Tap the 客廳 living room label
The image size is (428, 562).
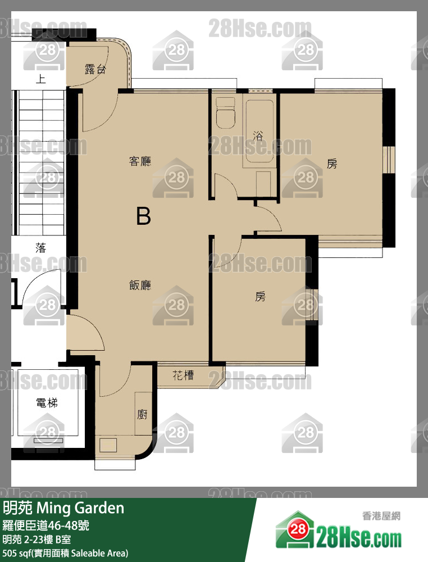pyautogui.click(x=140, y=161)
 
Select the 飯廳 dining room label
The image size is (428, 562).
pyautogui.click(x=140, y=285)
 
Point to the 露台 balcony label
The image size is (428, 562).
pyautogui.click(x=95, y=69)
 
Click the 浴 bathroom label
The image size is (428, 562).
pyautogui.click(x=258, y=135)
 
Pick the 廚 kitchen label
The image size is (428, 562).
pyautogui.click(x=142, y=414)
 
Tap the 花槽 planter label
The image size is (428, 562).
pyautogui.click(x=183, y=375)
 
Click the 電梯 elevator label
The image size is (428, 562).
pyautogui.click(x=47, y=403)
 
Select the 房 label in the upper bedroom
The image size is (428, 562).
pyautogui.click(x=332, y=164)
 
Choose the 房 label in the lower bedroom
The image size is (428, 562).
pyautogui.click(x=261, y=296)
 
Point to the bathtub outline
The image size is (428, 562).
pyautogui.click(x=259, y=130)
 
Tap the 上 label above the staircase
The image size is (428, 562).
pyautogui.click(x=41, y=79)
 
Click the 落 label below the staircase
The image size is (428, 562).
pyautogui.click(x=41, y=247)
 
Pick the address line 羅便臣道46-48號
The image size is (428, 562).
pyautogui.click(x=46, y=525)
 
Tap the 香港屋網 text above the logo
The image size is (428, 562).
pyautogui.click(x=381, y=516)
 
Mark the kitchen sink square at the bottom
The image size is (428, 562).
pyautogui.click(x=108, y=445)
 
